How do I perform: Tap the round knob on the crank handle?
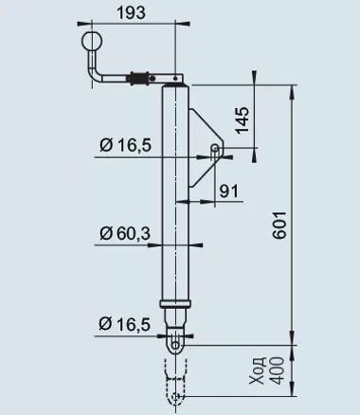(x=92, y=41)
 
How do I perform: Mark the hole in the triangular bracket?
(x=216, y=150)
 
